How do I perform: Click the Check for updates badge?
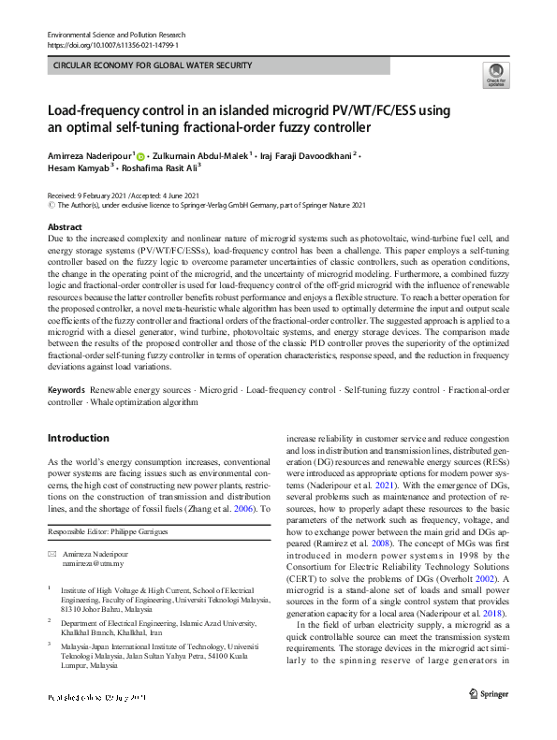(x=495, y=76)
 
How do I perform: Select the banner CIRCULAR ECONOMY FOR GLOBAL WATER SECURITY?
(x=153, y=65)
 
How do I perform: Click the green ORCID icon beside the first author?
(x=141, y=154)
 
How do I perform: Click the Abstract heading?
(x=65, y=227)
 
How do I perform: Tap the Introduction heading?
(x=79, y=438)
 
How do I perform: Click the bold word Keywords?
(x=66, y=388)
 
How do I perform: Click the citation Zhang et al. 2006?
(x=225, y=508)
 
